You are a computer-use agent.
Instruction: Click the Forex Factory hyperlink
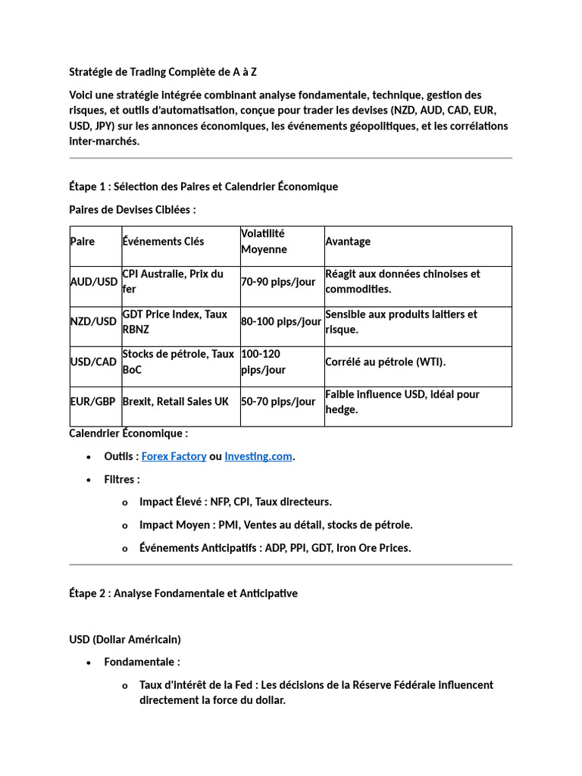coord(174,456)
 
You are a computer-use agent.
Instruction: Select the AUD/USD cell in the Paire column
coord(94,282)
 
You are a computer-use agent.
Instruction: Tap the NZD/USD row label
coord(94,322)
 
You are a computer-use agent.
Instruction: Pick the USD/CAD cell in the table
coord(93,362)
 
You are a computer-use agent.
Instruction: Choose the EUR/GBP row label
coord(94,402)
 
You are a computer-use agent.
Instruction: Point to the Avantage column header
coord(348,242)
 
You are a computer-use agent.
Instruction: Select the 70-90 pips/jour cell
coord(278,282)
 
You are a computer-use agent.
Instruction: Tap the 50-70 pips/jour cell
coord(278,402)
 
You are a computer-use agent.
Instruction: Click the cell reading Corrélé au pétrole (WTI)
coord(386,362)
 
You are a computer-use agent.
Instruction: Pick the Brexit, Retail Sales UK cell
coord(175,402)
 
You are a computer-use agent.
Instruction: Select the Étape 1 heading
coord(203,186)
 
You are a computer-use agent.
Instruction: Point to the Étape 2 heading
coord(183,593)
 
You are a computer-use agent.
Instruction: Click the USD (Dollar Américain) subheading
coord(125,639)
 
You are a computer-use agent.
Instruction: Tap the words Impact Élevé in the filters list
coord(171,502)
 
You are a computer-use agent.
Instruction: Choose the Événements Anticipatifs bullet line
coord(274,548)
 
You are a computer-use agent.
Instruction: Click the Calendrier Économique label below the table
coord(128,433)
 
